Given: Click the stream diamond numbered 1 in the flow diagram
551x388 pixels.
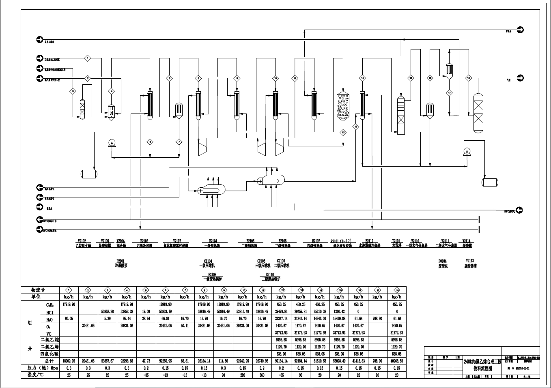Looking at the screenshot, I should pos(87,58).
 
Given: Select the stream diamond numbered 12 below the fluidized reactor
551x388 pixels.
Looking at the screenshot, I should pos(343,132).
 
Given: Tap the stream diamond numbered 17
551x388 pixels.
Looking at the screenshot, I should pos(449,93).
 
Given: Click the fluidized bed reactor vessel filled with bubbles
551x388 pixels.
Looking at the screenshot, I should pos(343,106).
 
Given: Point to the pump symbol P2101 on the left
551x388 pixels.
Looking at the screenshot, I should pos(112,143).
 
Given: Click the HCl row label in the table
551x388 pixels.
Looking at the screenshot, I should pos(50,312).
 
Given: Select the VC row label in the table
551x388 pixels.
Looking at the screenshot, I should pos(50,333).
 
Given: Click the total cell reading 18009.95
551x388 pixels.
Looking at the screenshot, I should pos(69,361).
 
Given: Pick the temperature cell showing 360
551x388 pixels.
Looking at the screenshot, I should pos(262,375).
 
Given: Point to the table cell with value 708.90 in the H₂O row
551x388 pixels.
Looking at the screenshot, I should pos(377,319).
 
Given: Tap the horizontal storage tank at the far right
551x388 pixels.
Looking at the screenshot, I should pos(490,182).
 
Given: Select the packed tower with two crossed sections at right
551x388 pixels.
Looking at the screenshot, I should pos(479,113).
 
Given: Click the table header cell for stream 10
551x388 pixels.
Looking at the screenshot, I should pos(243,290).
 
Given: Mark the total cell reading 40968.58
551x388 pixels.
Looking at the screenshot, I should pos(396,361).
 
